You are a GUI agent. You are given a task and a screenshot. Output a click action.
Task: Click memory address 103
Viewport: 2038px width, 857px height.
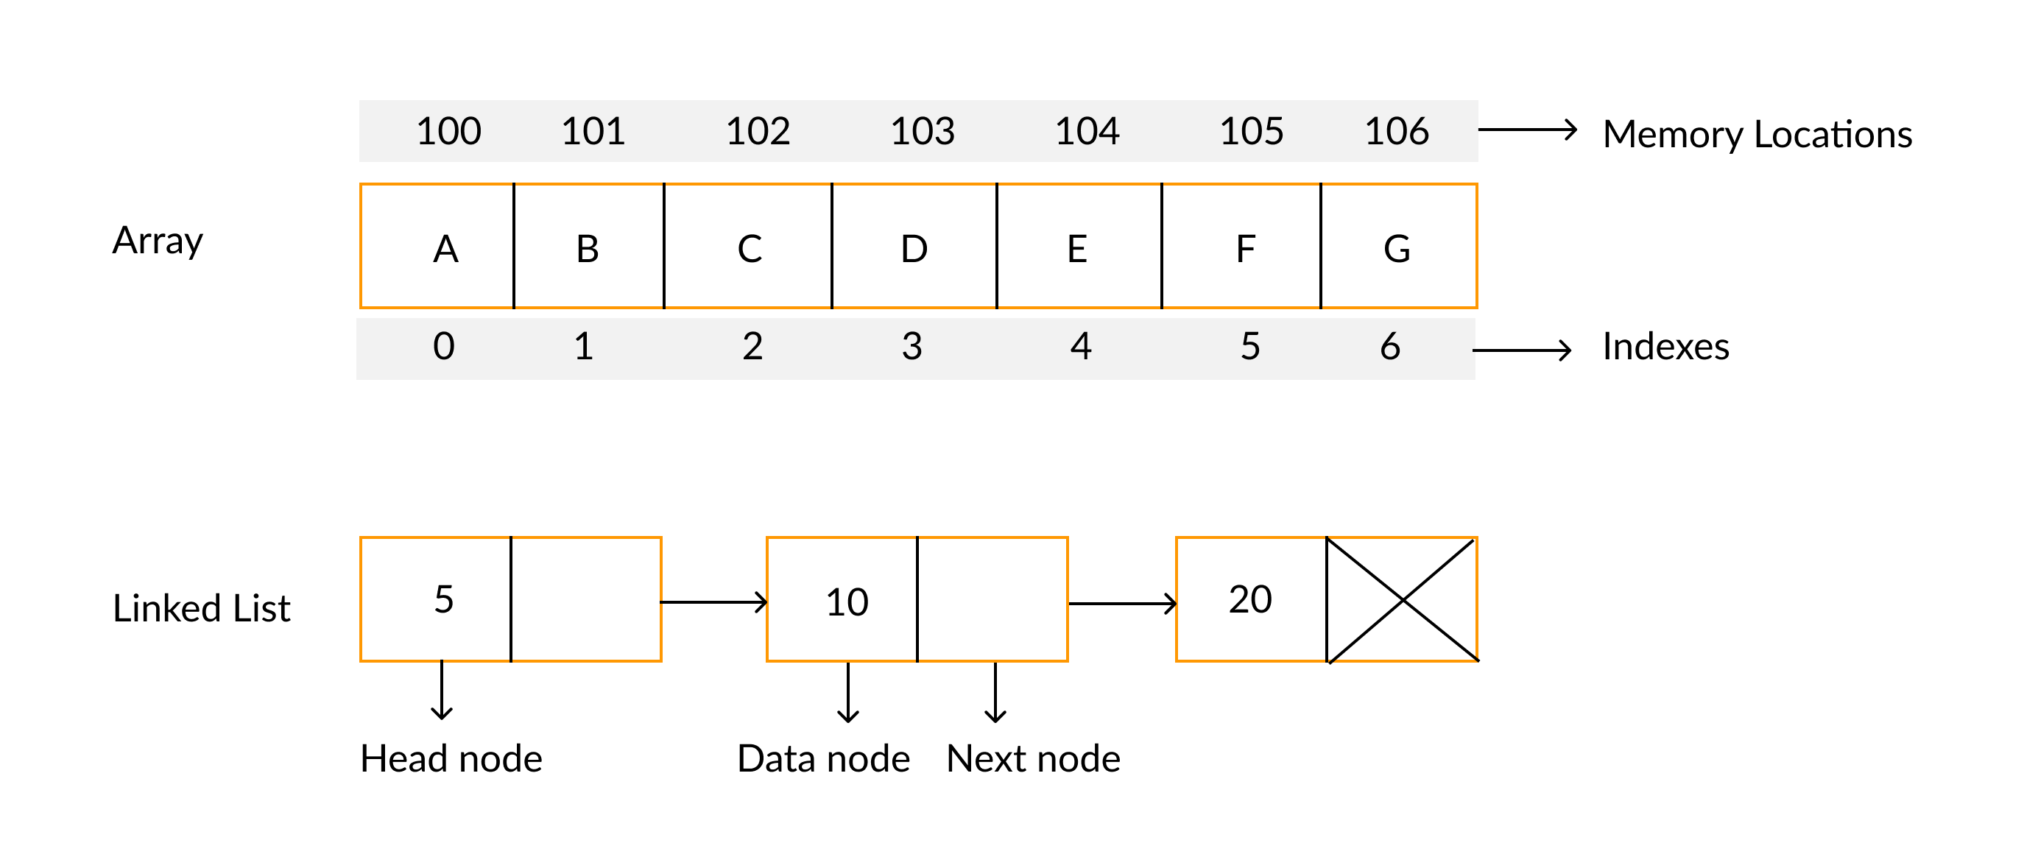pos(923,131)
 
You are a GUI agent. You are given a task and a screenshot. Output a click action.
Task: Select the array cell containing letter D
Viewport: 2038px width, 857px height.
pos(914,247)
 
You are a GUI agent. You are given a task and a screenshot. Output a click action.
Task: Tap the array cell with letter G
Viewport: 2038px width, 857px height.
pos(1397,247)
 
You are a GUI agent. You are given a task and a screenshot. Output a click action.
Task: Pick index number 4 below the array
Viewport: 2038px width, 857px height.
pos(1081,347)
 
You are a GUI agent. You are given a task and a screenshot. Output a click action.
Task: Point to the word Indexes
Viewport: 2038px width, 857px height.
pos(1665,347)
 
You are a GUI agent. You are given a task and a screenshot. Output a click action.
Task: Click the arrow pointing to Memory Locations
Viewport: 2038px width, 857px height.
pos(1527,130)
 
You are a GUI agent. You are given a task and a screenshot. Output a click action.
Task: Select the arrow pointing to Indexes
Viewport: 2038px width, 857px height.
pos(1520,350)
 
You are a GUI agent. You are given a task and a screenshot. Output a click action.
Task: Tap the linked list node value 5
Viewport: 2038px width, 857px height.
pos(444,599)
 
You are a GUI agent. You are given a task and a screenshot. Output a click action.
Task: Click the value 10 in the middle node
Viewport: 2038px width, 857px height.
pos(847,602)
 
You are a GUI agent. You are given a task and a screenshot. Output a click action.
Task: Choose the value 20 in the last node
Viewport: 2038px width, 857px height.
pos(1250,599)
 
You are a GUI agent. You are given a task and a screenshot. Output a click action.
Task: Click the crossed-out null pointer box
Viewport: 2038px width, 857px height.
pos(1402,600)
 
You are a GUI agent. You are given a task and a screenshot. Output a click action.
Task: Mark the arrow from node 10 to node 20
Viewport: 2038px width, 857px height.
pos(1122,604)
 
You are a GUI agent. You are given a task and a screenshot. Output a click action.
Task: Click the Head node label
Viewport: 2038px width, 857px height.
pos(451,758)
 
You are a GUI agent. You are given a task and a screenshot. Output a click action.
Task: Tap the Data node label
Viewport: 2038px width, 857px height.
pos(823,758)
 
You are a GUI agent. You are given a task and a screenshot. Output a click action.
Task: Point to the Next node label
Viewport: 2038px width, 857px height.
pos(1033,758)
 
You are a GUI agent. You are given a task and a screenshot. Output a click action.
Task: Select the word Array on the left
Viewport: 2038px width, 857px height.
pos(158,241)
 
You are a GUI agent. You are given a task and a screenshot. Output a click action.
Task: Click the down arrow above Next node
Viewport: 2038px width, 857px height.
pos(995,691)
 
